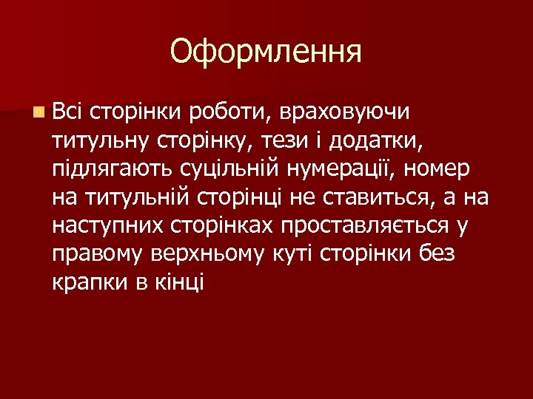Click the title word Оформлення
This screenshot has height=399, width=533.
click(266, 52)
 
